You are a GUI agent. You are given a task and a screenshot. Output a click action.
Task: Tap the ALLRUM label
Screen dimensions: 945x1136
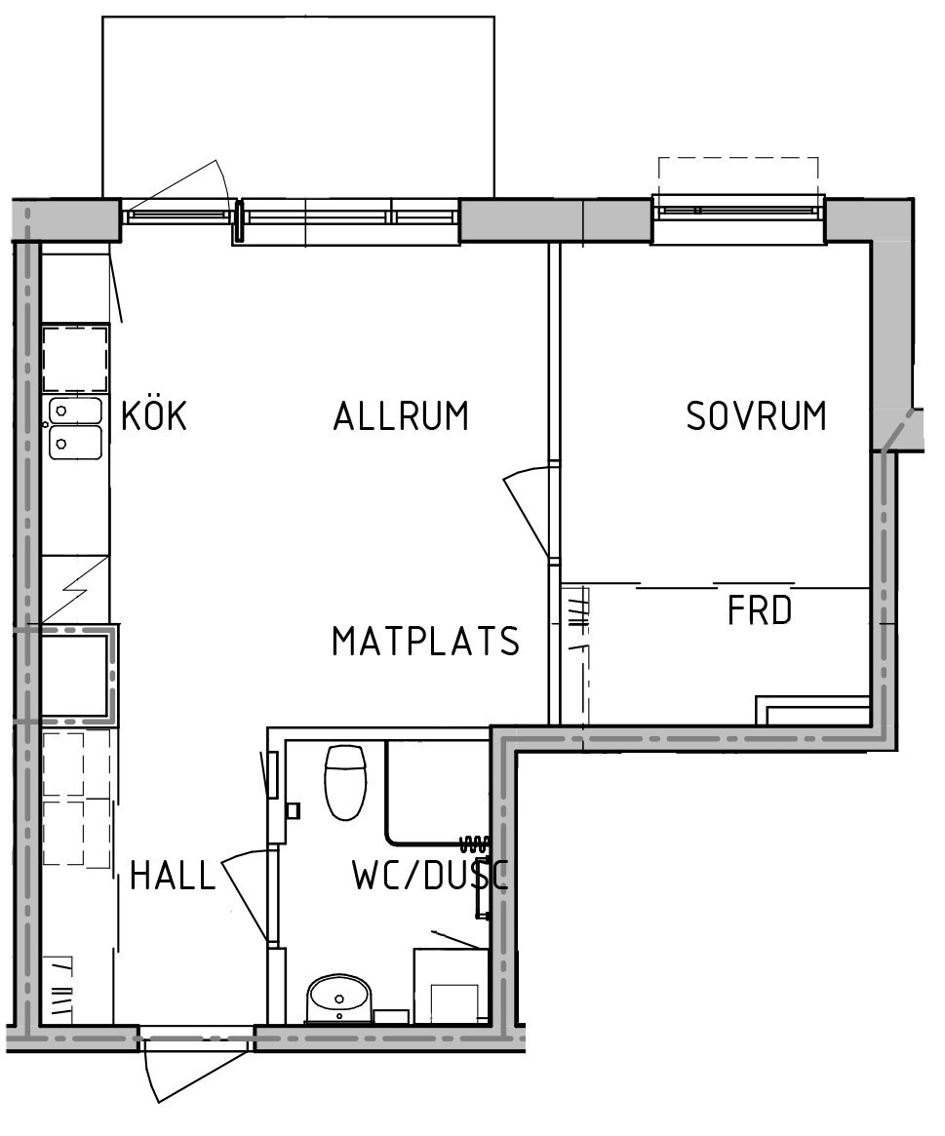click(x=401, y=415)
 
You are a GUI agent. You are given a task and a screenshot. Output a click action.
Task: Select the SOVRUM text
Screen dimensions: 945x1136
click(x=756, y=415)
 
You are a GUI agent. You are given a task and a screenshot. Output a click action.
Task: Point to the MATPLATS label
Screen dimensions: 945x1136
click(x=425, y=642)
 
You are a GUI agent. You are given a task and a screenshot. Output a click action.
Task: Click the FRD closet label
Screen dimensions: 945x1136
click(x=760, y=610)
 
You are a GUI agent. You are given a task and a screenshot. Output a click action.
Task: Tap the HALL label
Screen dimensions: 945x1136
click(x=174, y=876)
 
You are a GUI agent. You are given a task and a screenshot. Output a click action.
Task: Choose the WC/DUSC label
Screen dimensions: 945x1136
click(x=430, y=876)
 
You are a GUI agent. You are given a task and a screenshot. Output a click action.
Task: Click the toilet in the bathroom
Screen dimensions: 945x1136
click(x=345, y=782)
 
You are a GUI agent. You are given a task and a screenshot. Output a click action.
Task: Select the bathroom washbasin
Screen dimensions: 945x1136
click(x=339, y=999)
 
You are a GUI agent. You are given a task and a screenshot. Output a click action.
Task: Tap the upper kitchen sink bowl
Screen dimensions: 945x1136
click(x=75, y=411)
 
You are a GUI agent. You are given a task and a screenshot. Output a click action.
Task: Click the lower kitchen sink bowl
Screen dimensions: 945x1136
click(x=75, y=442)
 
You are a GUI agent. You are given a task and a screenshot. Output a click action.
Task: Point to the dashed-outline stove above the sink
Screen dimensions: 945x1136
click(x=75, y=360)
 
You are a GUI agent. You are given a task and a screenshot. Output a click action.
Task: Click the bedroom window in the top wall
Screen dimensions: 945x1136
click(x=737, y=211)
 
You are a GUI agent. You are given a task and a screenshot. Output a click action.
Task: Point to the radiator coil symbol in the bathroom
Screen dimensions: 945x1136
click(x=474, y=842)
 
